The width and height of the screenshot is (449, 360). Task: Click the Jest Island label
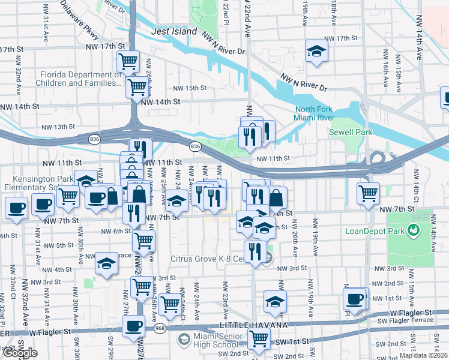(174, 31)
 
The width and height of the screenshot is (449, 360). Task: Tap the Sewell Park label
(350, 132)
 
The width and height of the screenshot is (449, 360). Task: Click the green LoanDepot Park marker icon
(413, 230)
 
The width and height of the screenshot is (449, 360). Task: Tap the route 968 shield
(160, 328)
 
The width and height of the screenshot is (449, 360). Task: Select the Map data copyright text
(423, 355)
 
